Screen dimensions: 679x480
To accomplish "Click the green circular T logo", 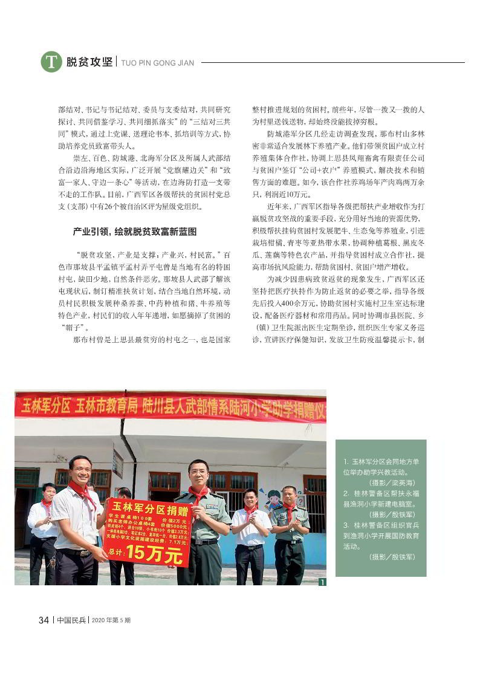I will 51,62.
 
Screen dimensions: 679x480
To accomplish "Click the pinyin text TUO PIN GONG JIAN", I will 158,62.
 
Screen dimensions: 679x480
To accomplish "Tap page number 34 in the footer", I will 44,620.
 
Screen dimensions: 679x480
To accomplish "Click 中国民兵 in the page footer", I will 71,620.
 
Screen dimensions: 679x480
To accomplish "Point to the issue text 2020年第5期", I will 111,620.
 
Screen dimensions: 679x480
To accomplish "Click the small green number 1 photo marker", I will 322,582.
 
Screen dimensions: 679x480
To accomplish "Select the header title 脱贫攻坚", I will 89,62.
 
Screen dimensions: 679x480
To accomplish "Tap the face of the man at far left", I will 48,492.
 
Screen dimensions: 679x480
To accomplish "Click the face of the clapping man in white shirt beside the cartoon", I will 249,498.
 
